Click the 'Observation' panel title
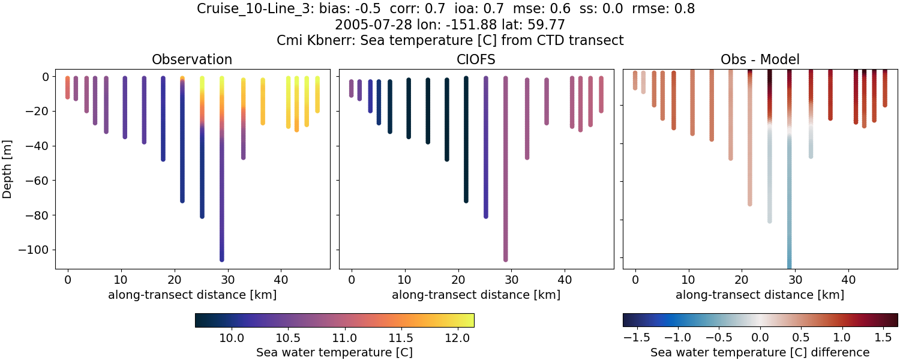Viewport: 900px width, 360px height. coord(192,59)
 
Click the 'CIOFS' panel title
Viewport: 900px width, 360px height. coord(476,59)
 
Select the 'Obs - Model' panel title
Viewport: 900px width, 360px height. coord(760,59)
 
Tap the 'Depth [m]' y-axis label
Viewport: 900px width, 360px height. coord(7,169)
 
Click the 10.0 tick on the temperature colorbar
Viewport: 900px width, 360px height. coord(231,338)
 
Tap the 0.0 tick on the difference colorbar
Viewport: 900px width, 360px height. coord(760,338)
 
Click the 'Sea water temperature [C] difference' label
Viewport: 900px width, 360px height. coord(760,352)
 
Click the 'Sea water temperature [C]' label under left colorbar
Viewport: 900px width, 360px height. coord(334,352)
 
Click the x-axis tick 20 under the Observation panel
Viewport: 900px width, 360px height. coord(174,279)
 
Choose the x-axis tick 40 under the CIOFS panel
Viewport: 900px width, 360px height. coord(565,279)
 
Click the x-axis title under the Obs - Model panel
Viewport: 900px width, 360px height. coord(760,295)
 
